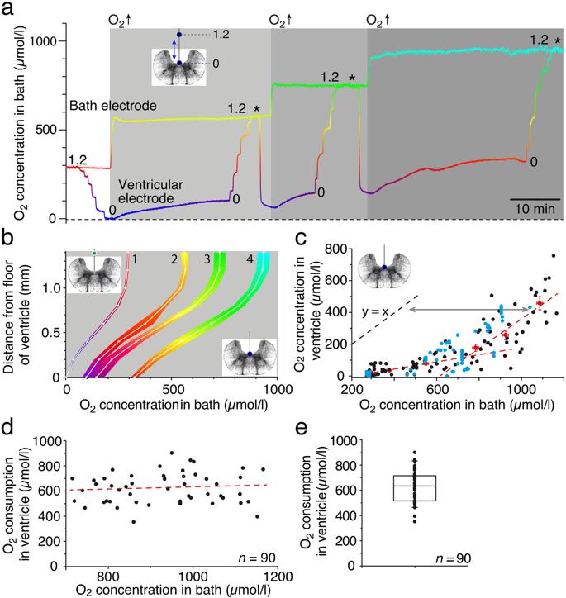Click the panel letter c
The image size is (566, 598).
point(300,238)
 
